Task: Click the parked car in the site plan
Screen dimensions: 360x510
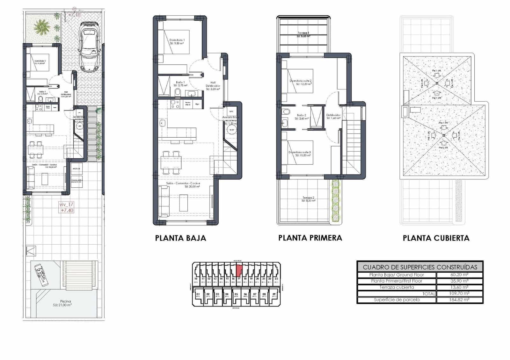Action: (x=90, y=47)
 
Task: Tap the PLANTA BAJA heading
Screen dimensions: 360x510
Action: (x=180, y=238)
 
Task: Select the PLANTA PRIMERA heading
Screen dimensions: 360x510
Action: (x=310, y=238)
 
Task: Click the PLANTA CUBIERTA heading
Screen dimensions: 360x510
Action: (x=436, y=238)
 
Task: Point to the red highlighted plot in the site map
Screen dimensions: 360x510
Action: (x=239, y=271)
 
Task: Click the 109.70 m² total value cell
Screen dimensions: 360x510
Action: (x=459, y=293)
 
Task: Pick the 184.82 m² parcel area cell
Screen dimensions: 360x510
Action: (x=459, y=300)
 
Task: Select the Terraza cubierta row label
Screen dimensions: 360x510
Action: (x=397, y=287)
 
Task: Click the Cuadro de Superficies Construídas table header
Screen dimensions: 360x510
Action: (x=420, y=267)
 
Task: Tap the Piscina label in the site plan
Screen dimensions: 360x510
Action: (x=65, y=301)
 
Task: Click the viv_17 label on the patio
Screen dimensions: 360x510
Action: (x=66, y=205)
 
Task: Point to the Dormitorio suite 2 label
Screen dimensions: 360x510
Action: (x=300, y=81)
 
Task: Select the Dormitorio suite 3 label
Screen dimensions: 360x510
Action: (x=300, y=152)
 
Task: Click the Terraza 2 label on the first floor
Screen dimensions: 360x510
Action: (x=308, y=198)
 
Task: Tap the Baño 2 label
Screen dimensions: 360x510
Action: (x=302, y=115)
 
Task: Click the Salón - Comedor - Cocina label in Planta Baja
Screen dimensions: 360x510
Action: (x=183, y=184)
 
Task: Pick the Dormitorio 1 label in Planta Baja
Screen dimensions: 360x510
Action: (x=177, y=40)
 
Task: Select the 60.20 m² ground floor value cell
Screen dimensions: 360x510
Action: (x=459, y=275)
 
